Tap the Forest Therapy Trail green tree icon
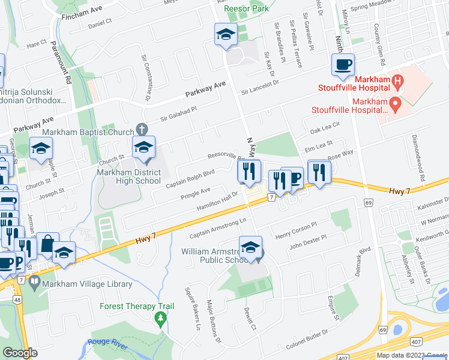click(x=160, y=317)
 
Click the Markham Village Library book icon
click(x=35, y=281)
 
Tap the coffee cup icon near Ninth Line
click(x=343, y=65)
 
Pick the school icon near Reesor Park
click(x=226, y=34)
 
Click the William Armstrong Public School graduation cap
click(x=250, y=247)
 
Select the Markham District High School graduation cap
click(x=143, y=147)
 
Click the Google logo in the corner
click(x=20, y=353)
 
